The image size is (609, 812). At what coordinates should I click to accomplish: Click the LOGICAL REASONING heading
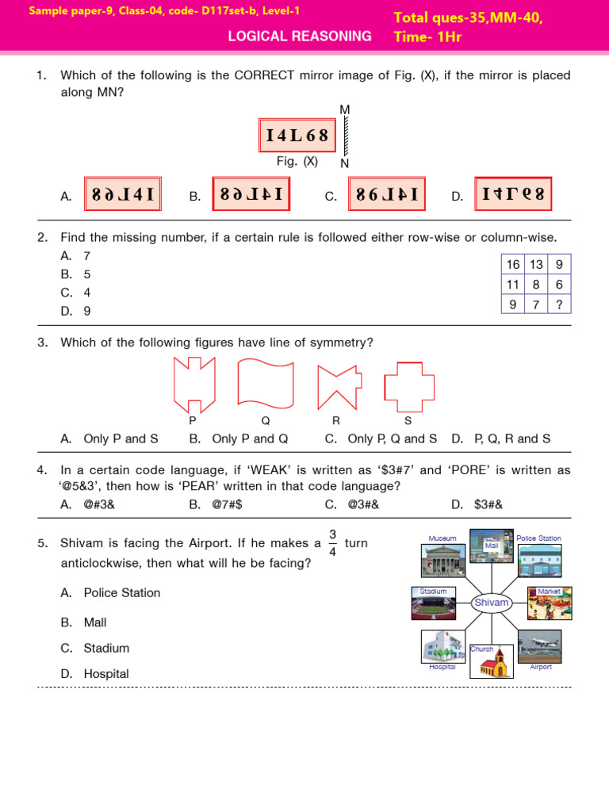[x=299, y=36]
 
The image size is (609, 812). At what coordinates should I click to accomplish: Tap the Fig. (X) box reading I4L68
[x=297, y=136]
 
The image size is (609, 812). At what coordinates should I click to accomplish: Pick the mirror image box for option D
[x=513, y=194]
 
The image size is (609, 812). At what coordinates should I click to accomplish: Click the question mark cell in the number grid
[x=559, y=304]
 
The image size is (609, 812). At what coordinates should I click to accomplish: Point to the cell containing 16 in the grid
[x=513, y=265]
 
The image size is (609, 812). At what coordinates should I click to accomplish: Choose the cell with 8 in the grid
[x=536, y=285]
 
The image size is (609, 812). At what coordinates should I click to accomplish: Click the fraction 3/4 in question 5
[x=332, y=543]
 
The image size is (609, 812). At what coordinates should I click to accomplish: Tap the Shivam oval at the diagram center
[x=491, y=603]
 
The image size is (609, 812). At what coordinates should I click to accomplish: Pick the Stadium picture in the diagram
[x=433, y=607]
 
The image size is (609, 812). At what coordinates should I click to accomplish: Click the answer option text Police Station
[x=122, y=593]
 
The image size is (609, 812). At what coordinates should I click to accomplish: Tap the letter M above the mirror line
[x=344, y=109]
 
